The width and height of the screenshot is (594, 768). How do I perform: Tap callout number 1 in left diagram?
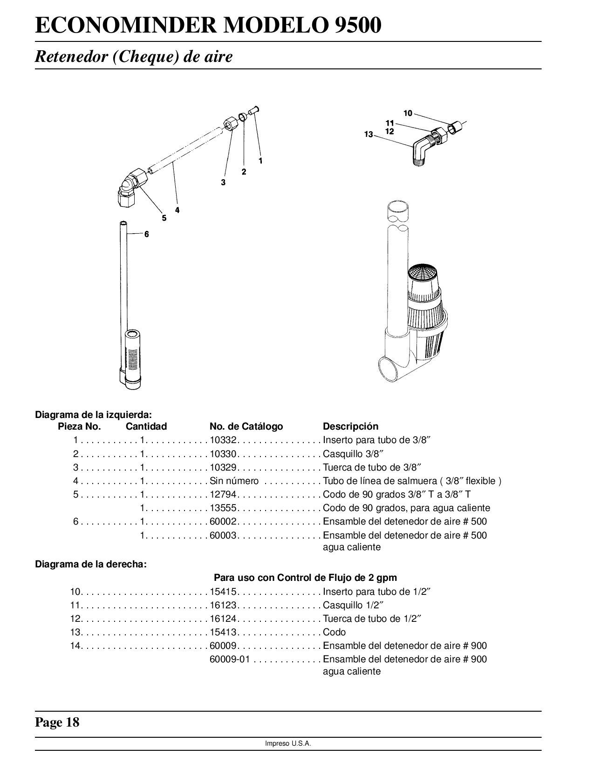[260, 161]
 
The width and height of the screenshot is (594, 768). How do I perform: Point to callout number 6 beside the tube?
[146, 234]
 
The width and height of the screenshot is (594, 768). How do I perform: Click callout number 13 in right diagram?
[369, 135]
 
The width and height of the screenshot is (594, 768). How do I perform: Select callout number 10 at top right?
[408, 113]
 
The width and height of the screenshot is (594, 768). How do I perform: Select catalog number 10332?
[224, 440]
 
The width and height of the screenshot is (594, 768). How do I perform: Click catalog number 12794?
[224, 494]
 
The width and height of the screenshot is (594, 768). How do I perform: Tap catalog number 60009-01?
[230, 659]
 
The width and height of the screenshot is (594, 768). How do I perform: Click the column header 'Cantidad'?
[146, 426]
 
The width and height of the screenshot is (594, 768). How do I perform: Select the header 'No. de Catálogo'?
[246, 426]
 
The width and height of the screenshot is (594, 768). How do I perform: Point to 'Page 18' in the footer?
[57, 722]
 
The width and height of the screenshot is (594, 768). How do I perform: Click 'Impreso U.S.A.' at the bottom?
[288, 743]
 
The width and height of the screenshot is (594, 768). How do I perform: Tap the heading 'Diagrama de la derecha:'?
[91, 564]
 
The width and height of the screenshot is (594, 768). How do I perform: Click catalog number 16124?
[224, 619]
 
